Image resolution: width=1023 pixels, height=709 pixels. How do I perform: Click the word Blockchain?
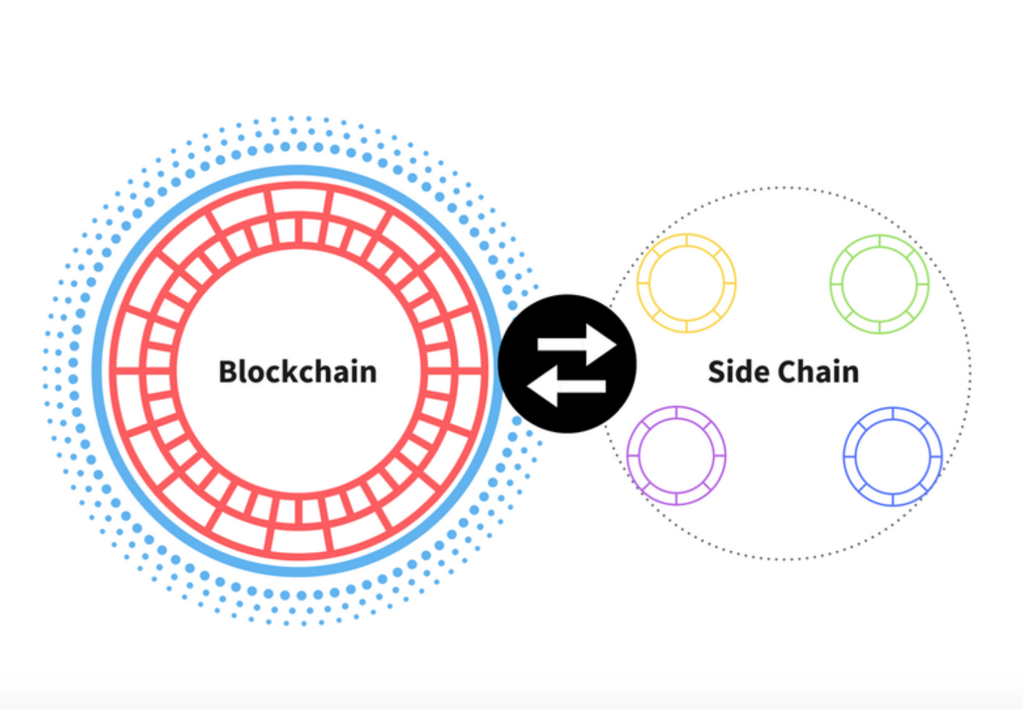pos(297,372)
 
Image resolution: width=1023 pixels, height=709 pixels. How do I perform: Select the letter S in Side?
pos(718,372)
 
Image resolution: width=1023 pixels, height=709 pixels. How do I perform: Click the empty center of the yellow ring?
pos(686,283)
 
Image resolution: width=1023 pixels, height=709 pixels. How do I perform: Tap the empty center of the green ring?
pos(879,284)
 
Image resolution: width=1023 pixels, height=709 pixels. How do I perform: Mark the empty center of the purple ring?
pos(676,455)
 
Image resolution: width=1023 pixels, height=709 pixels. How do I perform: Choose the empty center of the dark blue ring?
pos(893,456)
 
